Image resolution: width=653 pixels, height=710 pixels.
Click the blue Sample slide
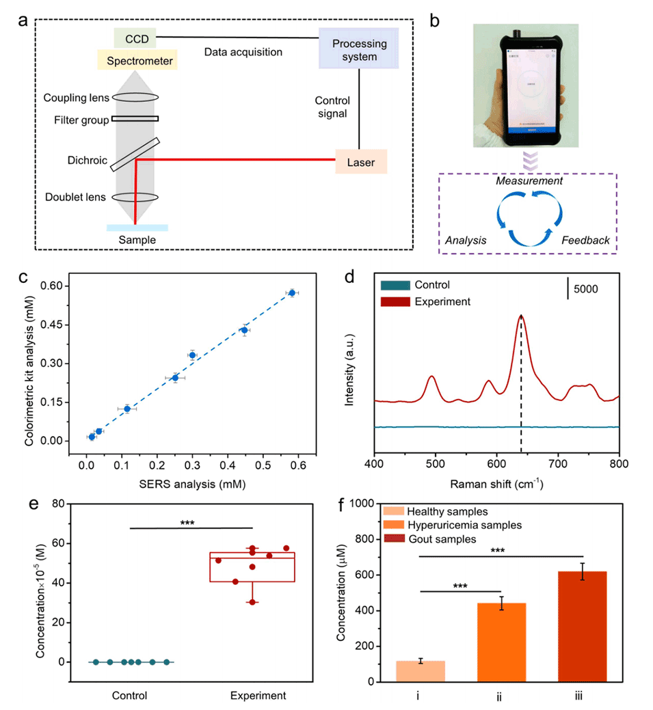point(137,228)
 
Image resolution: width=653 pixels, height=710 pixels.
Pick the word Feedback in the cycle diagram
point(586,241)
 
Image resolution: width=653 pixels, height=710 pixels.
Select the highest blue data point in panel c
point(292,292)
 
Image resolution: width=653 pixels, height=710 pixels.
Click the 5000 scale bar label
point(585,289)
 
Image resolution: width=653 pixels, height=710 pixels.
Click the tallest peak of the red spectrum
point(521,316)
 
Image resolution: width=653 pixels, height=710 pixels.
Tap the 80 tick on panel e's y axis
point(69,504)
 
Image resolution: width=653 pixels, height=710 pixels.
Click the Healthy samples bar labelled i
point(421,671)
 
